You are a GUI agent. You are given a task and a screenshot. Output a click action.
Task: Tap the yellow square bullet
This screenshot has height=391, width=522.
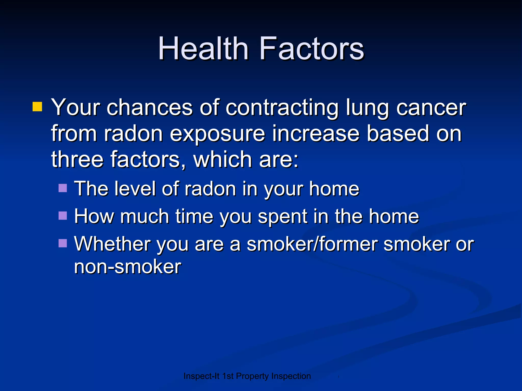tap(37, 107)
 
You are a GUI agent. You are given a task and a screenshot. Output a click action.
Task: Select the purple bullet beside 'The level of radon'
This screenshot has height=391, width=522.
tap(62, 188)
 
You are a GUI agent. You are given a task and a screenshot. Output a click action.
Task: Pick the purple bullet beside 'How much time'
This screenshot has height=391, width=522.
tap(62, 216)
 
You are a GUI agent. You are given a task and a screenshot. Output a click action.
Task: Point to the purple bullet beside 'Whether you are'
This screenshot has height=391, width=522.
tap(62, 243)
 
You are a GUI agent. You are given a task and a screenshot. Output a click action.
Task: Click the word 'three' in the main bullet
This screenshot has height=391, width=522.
tap(77, 160)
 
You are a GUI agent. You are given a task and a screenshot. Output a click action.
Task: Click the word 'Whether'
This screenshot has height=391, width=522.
tap(112, 244)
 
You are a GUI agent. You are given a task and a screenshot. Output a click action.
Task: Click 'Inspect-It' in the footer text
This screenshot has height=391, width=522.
tap(201, 376)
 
